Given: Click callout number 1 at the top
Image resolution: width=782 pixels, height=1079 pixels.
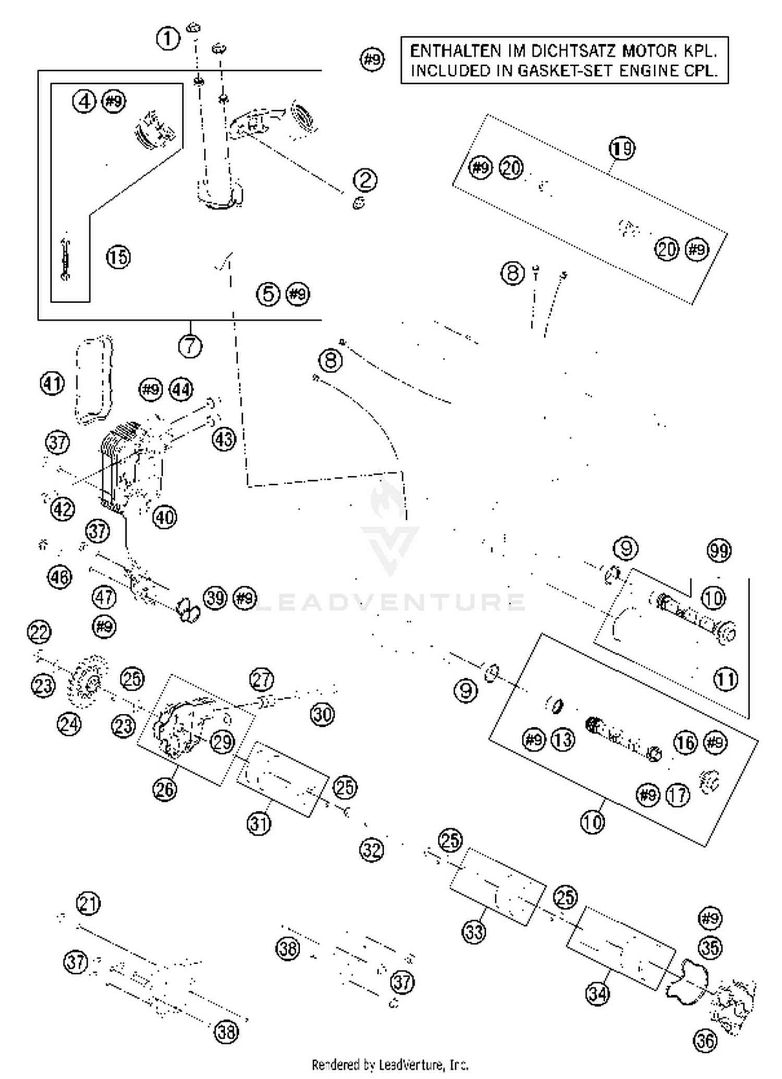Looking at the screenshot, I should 168,38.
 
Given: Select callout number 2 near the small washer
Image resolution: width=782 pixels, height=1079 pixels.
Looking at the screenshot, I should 365,180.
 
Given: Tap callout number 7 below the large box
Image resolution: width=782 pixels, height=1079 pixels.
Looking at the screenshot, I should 190,346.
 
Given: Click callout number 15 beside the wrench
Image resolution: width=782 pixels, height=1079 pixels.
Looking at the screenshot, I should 118,257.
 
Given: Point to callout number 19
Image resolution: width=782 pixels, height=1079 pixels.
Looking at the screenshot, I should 621,149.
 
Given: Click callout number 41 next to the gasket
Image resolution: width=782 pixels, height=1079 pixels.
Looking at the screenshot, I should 52,384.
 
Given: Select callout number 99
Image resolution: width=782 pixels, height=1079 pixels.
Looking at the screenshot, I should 719,550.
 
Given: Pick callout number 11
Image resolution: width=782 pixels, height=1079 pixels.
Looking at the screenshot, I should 726,679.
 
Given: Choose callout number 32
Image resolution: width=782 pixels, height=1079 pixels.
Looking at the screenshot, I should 372,850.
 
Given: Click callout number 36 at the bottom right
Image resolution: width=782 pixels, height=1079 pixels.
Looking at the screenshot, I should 705,1040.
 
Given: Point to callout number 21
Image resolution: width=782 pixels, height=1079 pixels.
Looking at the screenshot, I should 88,903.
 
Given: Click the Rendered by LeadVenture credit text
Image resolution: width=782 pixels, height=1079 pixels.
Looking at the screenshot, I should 390,1064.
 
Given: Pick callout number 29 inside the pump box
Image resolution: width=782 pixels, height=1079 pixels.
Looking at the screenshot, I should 223,741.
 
